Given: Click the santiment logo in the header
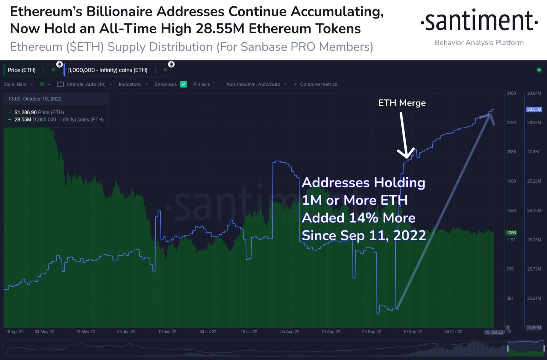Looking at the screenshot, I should [x=479, y=21].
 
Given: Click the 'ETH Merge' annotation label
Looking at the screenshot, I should [x=402, y=103].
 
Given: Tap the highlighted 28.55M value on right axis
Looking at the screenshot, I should [x=534, y=109].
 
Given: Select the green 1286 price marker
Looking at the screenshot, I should [x=511, y=233].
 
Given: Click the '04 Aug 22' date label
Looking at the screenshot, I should [x=290, y=332].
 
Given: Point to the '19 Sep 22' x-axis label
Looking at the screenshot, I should [x=412, y=332].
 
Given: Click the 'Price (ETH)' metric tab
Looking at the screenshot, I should [x=22, y=70].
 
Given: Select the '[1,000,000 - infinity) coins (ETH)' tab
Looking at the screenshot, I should [x=107, y=70].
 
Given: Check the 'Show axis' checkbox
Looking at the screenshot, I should [x=183, y=84].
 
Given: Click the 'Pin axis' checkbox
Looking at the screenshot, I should [x=216, y=84].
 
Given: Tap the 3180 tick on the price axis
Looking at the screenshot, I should [x=511, y=93].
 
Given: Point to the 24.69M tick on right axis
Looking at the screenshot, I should [x=534, y=328].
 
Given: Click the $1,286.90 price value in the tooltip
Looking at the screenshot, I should [x=26, y=113].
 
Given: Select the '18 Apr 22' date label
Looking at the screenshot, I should [x=15, y=332].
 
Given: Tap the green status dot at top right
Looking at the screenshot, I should [x=539, y=70].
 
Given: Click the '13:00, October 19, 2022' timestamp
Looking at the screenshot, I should [x=35, y=99].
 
